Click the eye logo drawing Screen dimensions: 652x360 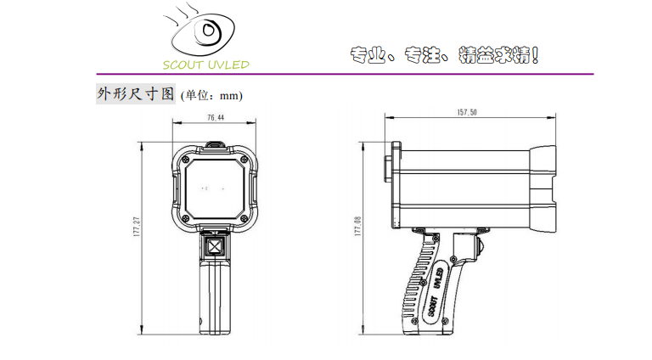point(203,32)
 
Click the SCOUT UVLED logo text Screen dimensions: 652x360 point(205,65)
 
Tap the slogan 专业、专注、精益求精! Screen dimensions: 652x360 point(444,55)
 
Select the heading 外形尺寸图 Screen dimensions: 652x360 point(136,93)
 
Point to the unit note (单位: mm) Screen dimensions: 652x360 point(211,96)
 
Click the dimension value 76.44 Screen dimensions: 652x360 point(216,118)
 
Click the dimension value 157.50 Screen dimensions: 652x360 point(467,112)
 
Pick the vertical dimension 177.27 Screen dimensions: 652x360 point(137,227)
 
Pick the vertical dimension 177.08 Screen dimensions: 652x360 point(358,226)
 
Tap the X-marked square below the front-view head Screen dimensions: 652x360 point(215,246)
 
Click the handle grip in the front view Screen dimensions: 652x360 point(215,297)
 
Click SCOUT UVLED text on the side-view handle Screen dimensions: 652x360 point(435,291)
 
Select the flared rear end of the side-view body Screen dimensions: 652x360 point(542,188)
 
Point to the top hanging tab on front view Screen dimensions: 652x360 point(216,143)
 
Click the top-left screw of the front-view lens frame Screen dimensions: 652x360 point(186,160)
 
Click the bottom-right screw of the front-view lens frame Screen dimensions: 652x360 point(244,219)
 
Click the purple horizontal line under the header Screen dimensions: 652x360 point(346,74)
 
